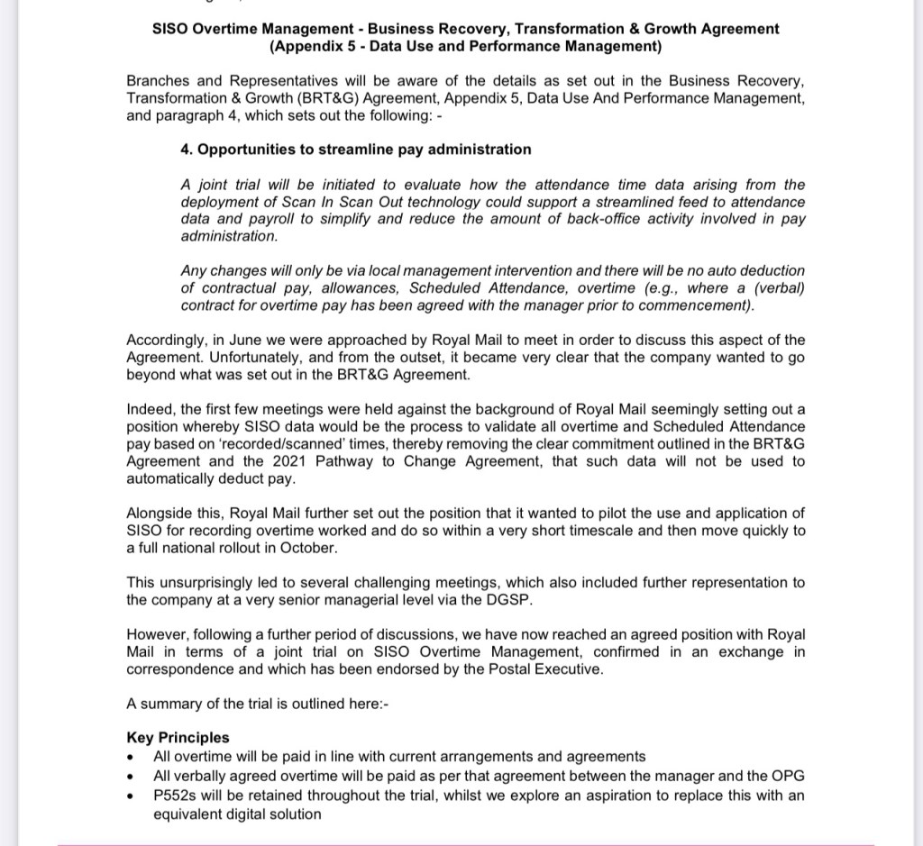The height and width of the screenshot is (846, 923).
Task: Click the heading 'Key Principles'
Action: click(x=178, y=738)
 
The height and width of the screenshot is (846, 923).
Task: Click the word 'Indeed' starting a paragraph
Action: click(x=150, y=409)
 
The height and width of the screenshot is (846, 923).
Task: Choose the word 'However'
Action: click(x=156, y=634)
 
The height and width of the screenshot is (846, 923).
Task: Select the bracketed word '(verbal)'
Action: click(x=779, y=288)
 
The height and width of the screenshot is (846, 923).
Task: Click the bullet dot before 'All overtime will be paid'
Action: click(x=133, y=757)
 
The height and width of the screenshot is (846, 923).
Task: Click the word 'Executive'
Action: click(x=571, y=669)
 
